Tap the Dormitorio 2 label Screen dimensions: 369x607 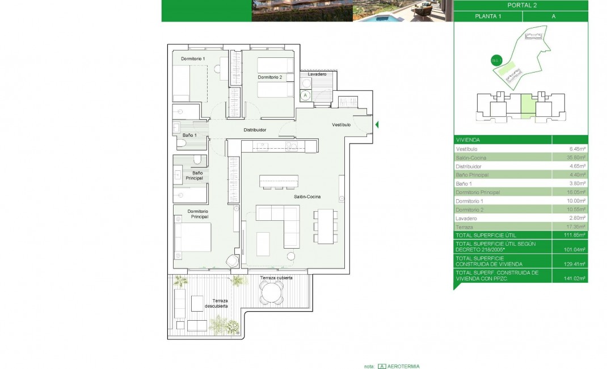pos(269,77)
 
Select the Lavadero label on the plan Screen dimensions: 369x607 pos(317,74)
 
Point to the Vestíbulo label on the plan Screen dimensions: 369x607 pos(342,124)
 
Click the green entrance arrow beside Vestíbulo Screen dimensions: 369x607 pos(377,124)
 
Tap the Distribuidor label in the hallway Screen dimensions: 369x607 pos(255,130)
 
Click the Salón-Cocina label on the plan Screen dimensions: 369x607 pos(307,196)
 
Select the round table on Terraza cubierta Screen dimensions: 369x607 pos(271,292)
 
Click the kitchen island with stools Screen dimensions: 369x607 pos(278,181)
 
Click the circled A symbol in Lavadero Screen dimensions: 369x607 pos(305,95)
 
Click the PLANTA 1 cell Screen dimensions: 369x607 pos(487,16)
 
